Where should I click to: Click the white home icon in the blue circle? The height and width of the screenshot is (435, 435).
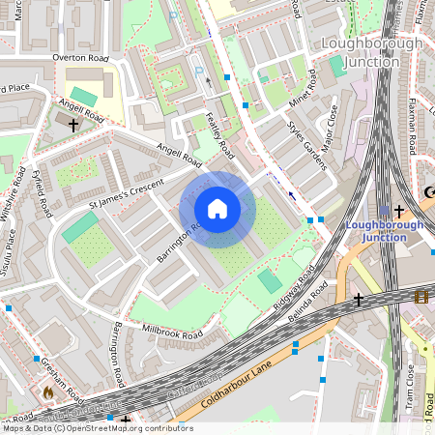pos(217,208)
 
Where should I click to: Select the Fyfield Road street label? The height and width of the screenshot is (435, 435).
pos(43,191)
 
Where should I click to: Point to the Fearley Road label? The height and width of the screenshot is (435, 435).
pos(220,135)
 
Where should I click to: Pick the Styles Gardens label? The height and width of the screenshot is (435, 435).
pos(307,142)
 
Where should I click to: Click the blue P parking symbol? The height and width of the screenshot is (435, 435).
pos(200,71)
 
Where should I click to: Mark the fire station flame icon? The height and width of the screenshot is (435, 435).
pos(48,393)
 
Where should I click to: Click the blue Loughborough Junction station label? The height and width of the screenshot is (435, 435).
pos(385,232)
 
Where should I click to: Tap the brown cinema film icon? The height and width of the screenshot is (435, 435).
pos(420,297)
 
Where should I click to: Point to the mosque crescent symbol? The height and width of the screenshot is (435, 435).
pos(428,191)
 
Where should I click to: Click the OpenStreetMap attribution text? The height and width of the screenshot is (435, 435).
pos(97,428)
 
